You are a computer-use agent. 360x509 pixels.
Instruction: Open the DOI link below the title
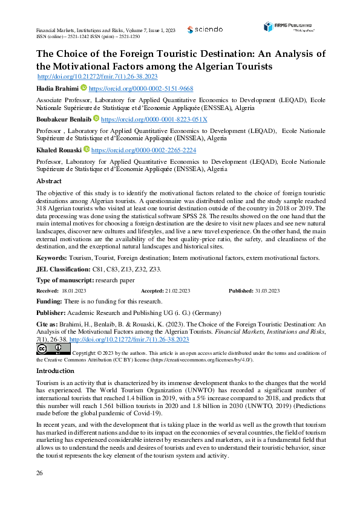(97, 77)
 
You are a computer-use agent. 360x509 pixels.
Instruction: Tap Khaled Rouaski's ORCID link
(143, 150)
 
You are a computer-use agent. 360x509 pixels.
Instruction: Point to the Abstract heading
(49, 181)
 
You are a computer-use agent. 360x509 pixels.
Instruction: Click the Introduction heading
(55, 371)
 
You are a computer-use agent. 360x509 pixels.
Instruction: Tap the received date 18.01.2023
(74, 291)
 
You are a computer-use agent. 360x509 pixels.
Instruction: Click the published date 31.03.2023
(267, 291)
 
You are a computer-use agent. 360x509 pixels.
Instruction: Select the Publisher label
(52, 313)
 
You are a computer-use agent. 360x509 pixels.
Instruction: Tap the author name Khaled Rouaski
(59, 150)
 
